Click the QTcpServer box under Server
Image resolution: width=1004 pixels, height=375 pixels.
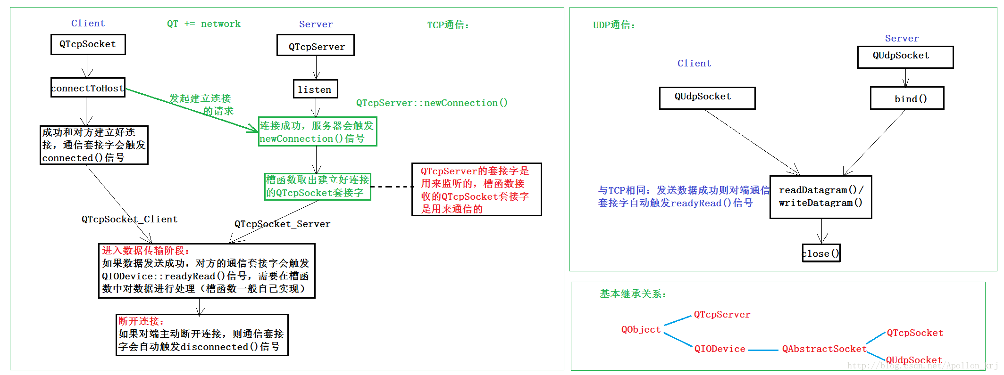[x=315, y=46]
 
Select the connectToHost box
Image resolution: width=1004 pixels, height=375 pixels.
[x=88, y=88]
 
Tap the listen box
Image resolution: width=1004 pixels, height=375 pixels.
[x=315, y=89]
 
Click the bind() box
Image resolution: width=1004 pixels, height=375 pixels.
[x=907, y=98]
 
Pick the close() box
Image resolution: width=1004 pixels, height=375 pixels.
[x=821, y=253]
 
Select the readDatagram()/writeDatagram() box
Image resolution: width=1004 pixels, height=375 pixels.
[x=820, y=197]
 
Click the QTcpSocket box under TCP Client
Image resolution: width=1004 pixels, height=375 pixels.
[x=88, y=44]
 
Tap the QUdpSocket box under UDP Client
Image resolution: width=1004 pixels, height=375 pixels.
[x=707, y=98]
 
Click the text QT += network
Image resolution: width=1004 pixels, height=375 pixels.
[x=204, y=24]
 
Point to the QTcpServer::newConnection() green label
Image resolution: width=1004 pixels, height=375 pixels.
[x=432, y=103]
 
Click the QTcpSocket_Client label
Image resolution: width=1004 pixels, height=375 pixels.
[x=129, y=219]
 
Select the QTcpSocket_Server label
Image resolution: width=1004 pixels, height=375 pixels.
[x=282, y=224]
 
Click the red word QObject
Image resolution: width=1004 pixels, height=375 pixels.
[x=641, y=329]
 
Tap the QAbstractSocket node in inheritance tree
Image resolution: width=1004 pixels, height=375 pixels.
[x=824, y=349]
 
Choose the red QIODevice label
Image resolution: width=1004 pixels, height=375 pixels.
[x=720, y=349]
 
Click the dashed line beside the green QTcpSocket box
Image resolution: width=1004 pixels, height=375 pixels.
[x=391, y=187]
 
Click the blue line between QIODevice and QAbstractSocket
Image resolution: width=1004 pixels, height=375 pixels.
[x=763, y=350]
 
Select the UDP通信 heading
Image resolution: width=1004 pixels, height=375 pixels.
[x=614, y=25]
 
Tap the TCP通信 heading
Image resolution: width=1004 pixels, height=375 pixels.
[x=448, y=25]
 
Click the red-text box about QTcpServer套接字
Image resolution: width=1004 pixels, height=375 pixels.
[x=476, y=189]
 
